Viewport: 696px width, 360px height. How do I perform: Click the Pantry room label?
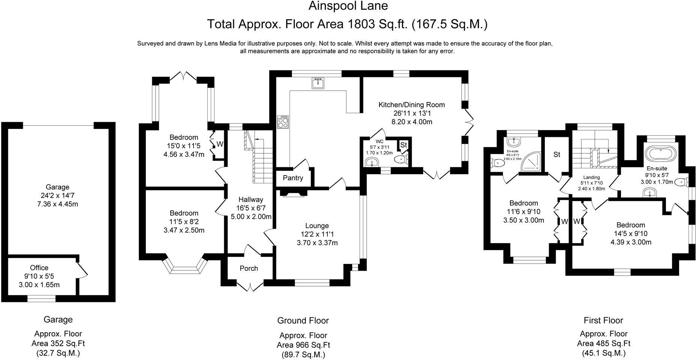pyautogui.click(x=292, y=178)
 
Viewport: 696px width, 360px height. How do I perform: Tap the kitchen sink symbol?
pyautogui.click(x=317, y=83)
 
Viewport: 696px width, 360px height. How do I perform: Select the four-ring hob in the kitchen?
pyautogui.click(x=283, y=122)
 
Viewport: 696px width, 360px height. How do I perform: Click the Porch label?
pyautogui.click(x=249, y=268)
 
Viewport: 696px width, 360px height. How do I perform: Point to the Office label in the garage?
pyautogui.click(x=39, y=268)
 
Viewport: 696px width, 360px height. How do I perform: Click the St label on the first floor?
pyautogui.click(x=556, y=154)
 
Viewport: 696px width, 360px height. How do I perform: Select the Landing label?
pyautogui.click(x=591, y=177)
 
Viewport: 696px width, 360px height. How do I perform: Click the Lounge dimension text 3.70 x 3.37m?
pyautogui.click(x=317, y=243)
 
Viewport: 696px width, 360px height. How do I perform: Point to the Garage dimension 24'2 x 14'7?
pyautogui.click(x=57, y=195)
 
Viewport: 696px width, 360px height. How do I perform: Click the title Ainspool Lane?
pyautogui.click(x=348, y=6)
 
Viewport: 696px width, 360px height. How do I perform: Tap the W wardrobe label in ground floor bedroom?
pyautogui.click(x=220, y=144)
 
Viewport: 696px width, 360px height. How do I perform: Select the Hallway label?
pyautogui.click(x=251, y=199)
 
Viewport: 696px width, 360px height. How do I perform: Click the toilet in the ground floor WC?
pyautogui.click(x=401, y=160)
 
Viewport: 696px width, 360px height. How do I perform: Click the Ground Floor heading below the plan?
pyautogui.click(x=303, y=321)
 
